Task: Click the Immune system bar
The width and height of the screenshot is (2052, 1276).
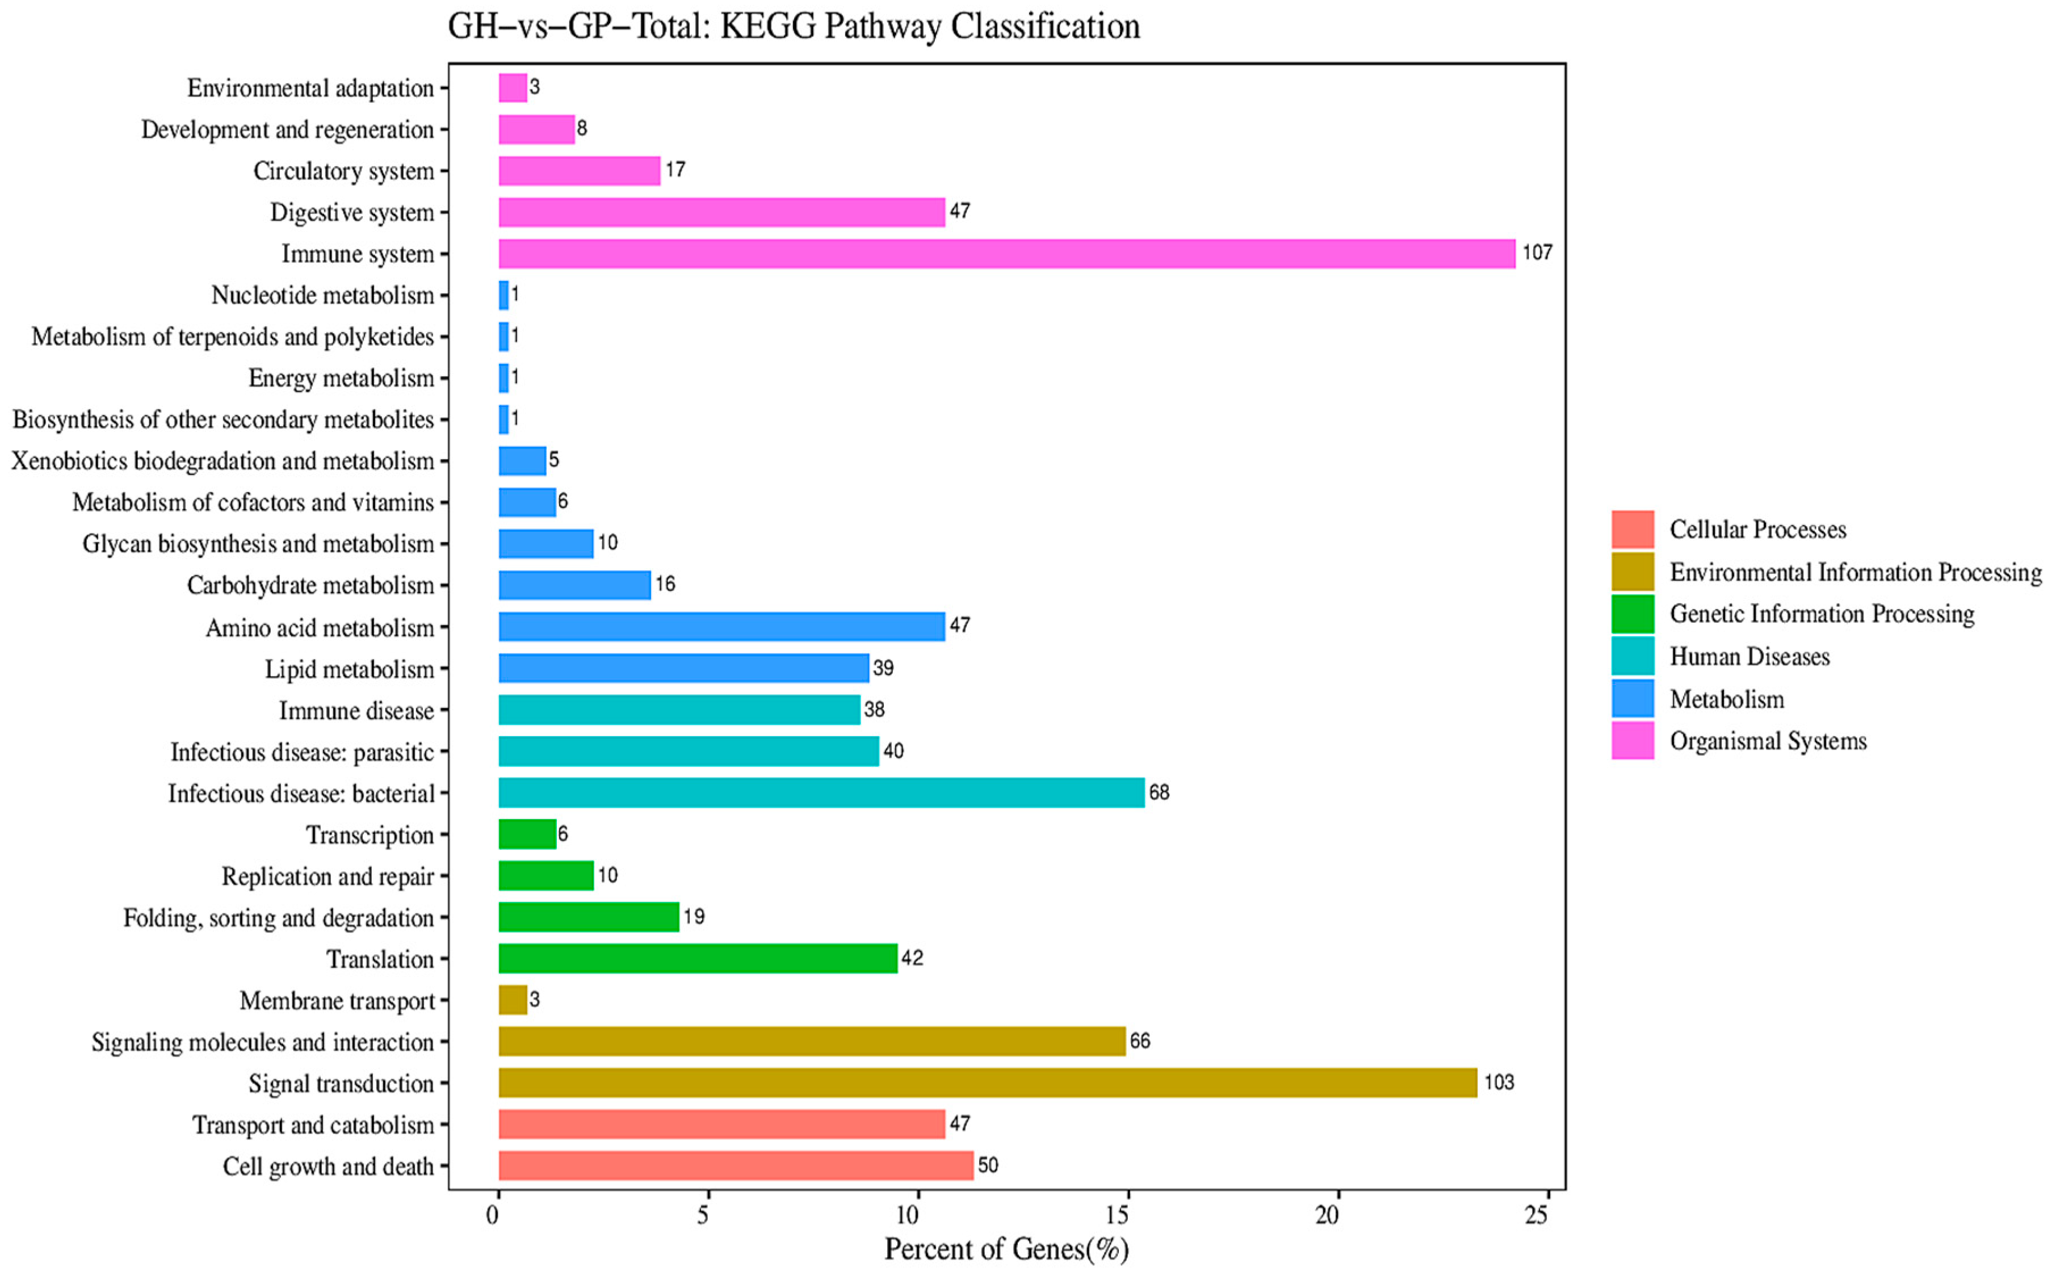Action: tap(1006, 253)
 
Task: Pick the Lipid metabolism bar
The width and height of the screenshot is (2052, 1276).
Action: tap(683, 669)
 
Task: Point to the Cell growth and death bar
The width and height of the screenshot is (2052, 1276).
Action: tap(736, 1165)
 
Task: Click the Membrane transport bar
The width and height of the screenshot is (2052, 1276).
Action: tap(512, 1000)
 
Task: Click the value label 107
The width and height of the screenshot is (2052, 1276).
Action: tap(1537, 253)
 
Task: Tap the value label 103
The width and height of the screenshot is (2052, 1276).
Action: tap(1499, 1082)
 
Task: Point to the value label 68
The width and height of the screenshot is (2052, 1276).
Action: tap(1159, 792)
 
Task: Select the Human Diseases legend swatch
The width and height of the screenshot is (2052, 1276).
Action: tap(1632, 656)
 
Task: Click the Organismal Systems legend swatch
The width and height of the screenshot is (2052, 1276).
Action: tap(1632, 740)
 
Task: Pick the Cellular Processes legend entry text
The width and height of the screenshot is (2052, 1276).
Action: tap(1757, 529)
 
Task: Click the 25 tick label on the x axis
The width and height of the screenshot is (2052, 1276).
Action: tap(1537, 1214)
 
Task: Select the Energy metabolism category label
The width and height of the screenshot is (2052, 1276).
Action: tap(341, 378)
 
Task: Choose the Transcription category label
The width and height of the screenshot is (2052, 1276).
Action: tap(370, 834)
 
